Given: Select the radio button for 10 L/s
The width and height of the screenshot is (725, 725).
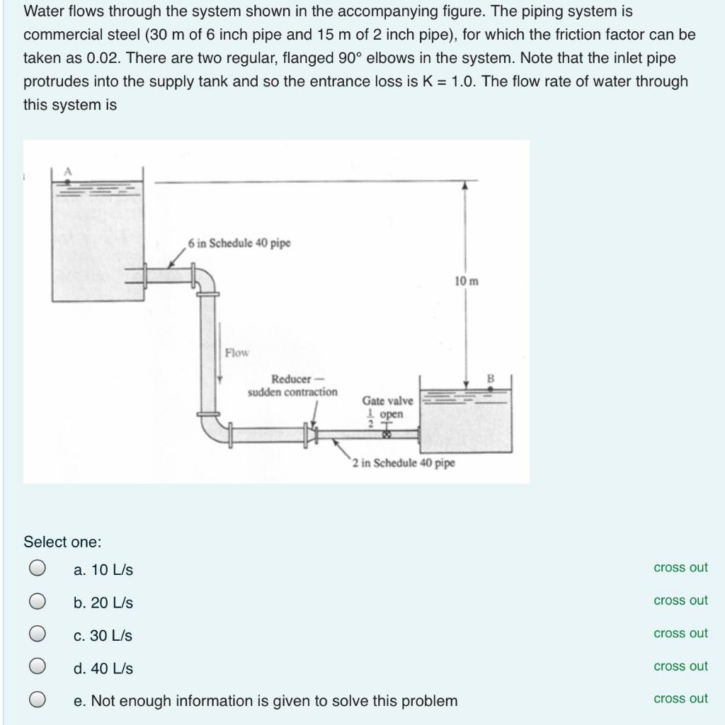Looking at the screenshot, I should pos(38,568).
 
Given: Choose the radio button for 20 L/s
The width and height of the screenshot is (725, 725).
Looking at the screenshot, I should pos(38,601).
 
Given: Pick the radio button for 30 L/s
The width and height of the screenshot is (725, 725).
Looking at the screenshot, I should pos(38,634).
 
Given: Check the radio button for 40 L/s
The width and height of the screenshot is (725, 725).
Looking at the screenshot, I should pos(38,667).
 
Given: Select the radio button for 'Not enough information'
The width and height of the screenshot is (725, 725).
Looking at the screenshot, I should pos(38,700).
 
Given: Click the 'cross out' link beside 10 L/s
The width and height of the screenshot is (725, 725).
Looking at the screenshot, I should pos(680,568).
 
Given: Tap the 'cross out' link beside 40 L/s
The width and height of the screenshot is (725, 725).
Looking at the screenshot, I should pos(680,666).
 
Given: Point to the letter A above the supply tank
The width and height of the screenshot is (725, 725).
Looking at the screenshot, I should pos(69,171).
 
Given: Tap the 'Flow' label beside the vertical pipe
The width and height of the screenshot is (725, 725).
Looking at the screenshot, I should pos(237,352).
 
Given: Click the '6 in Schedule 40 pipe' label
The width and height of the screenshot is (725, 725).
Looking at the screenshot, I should pos(239,243).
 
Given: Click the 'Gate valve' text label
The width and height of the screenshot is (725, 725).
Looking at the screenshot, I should pos(387,401).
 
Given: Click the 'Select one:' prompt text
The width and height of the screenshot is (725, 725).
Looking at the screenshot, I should pos(62,542).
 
